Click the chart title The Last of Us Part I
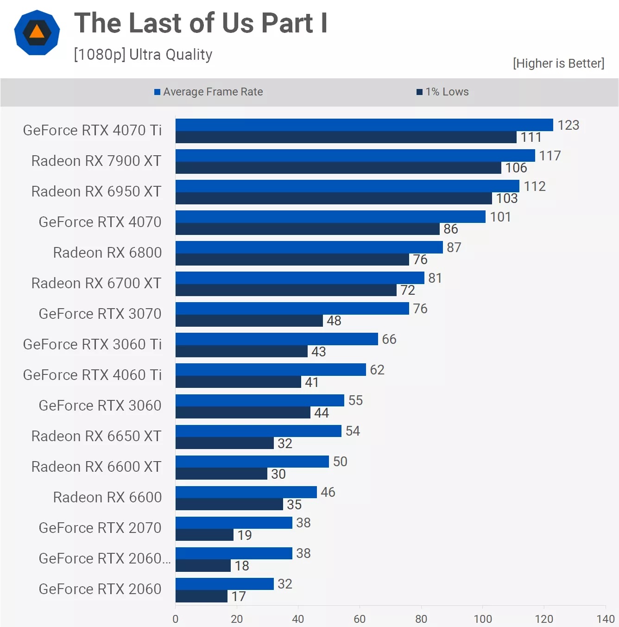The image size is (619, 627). [201, 23]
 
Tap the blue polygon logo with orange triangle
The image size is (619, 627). [37, 32]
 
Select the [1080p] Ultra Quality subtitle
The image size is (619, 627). [143, 55]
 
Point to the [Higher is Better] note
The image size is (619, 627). [558, 63]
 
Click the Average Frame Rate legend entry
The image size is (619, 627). [208, 92]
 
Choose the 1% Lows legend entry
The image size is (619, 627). [443, 92]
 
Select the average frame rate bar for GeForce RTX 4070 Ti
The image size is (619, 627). [364, 125]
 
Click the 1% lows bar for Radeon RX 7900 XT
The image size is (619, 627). [338, 168]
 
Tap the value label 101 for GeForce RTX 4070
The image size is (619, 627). [500, 217]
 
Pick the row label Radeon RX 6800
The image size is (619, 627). [107, 253]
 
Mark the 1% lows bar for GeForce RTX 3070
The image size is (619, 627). [249, 321]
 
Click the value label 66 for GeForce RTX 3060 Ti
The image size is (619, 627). [389, 339]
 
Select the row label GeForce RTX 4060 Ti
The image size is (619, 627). [92, 375]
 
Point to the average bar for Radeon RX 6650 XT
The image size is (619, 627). [258, 431]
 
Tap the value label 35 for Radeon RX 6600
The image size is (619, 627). [294, 505]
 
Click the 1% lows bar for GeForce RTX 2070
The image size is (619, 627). [204, 535]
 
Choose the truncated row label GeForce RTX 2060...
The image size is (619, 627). [105, 558]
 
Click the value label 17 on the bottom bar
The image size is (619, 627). [239, 596]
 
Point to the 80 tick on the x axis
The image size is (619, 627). [421, 619]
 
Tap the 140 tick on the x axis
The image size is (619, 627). [606, 619]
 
